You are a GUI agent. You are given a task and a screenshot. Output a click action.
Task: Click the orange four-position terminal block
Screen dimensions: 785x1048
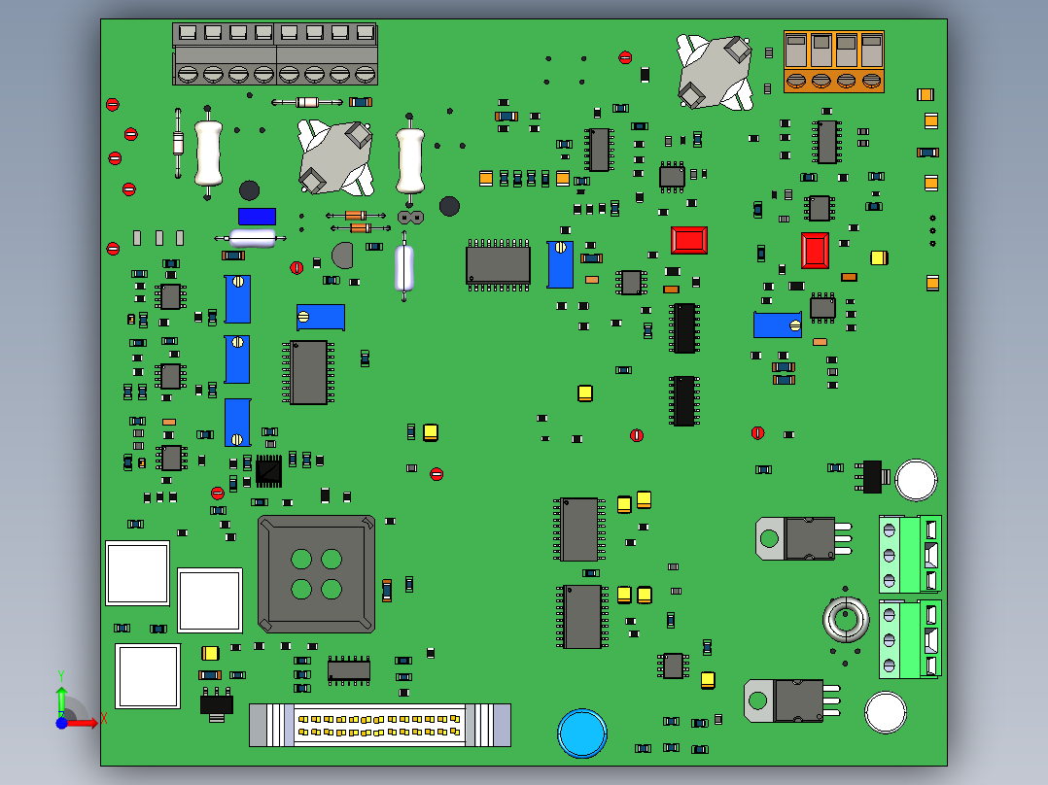click(833, 61)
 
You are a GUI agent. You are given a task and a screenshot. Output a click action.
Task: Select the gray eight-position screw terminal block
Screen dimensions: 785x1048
click(274, 54)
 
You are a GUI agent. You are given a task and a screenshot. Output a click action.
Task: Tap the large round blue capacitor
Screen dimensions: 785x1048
click(581, 734)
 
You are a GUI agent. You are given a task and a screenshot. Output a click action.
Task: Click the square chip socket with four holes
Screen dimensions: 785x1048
click(316, 574)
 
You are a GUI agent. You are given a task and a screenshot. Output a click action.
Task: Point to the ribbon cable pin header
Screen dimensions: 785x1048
click(380, 725)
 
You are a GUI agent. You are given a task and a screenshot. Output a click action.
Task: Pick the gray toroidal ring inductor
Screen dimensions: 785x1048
click(846, 619)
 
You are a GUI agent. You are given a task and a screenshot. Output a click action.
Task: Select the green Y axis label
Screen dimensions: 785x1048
click(60, 672)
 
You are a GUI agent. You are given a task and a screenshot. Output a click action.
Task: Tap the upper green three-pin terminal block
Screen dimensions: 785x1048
click(910, 554)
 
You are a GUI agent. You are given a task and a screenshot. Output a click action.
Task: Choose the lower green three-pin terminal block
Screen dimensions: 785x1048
click(910, 639)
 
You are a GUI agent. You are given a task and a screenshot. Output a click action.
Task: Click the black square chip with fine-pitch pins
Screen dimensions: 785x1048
click(268, 470)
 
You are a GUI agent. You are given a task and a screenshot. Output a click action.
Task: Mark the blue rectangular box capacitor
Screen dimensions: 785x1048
click(257, 217)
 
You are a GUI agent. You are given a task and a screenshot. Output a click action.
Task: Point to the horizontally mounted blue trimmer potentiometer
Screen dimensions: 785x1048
click(321, 317)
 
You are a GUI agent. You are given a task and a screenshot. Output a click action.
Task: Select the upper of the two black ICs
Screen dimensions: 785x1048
click(683, 327)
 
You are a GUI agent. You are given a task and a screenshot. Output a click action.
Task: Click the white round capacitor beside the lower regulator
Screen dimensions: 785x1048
click(886, 712)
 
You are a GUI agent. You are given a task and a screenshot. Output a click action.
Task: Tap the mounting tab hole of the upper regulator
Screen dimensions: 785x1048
click(769, 538)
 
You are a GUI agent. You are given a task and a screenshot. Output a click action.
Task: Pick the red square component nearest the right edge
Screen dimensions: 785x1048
click(815, 251)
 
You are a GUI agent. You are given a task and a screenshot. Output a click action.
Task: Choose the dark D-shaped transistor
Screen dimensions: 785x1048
click(343, 256)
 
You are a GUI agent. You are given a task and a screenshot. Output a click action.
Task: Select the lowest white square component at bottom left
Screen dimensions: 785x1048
click(148, 675)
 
